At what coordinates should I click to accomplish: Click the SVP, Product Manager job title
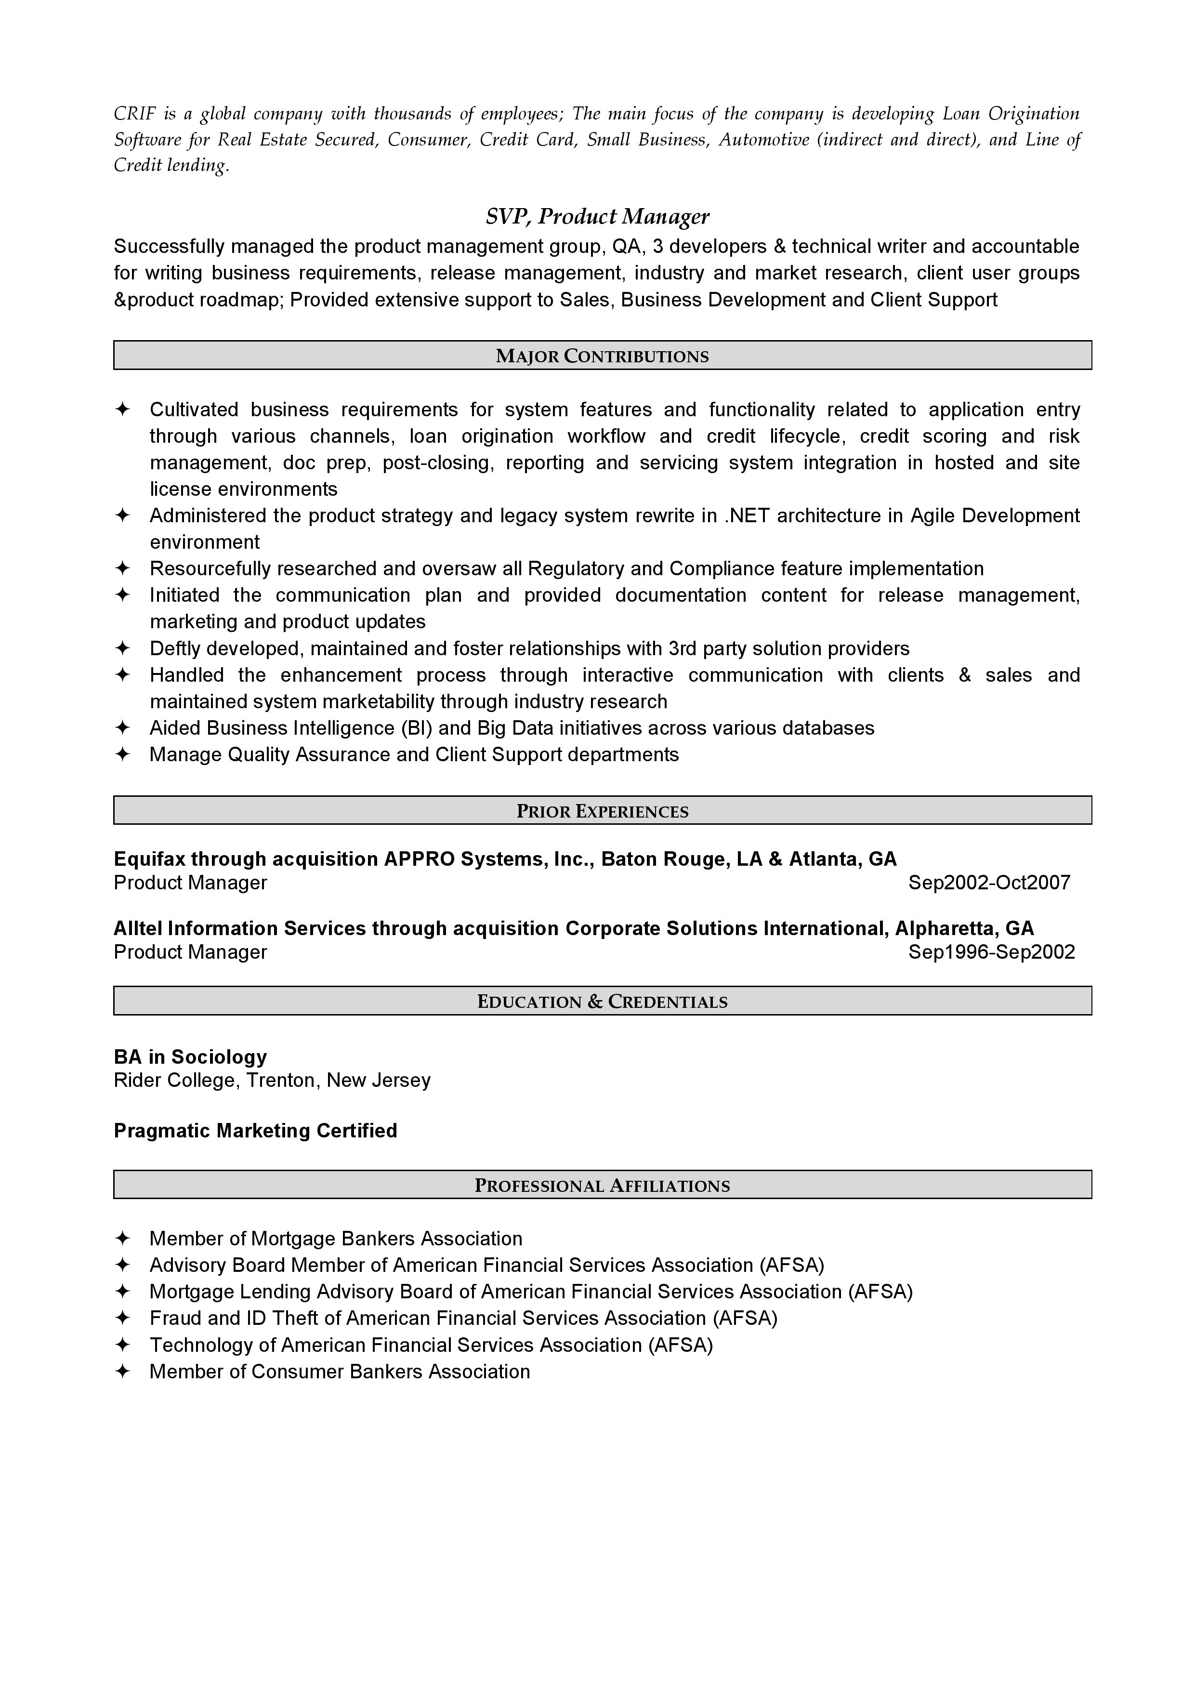(597, 216)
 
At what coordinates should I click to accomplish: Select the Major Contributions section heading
(602, 356)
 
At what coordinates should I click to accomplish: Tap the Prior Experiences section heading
(602, 811)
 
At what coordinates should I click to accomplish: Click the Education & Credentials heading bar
(602, 1001)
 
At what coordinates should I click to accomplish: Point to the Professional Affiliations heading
(602, 1185)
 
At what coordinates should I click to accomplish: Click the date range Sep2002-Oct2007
(989, 883)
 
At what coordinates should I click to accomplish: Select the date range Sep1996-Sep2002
(991, 952)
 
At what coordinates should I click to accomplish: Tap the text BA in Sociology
(190, 1057)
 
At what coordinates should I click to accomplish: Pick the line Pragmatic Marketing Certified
(255, 1131)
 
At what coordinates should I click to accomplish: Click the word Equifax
(149, 859)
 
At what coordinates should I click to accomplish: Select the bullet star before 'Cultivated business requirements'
(122, 409)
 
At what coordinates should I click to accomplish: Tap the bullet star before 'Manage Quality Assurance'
(122, 754)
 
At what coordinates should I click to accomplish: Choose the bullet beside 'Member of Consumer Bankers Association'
(122, 1371)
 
